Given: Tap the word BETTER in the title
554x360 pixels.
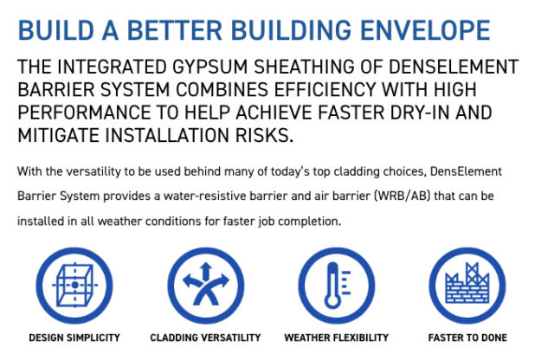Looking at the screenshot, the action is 174,30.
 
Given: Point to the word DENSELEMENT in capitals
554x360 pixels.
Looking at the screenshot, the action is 454,67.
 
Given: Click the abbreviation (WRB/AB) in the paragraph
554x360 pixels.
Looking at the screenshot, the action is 402,196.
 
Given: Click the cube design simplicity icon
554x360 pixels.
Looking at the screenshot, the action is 74,285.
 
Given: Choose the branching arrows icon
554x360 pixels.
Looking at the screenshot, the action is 206,285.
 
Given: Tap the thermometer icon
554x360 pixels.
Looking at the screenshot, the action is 337,285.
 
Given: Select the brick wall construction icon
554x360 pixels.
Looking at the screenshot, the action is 467,285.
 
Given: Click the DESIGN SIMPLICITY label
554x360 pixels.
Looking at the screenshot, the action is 74,337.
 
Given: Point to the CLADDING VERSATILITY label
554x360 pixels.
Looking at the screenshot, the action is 206,337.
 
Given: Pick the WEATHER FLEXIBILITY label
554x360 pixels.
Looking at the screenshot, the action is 337,337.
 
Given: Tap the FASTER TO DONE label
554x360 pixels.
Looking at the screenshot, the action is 467,337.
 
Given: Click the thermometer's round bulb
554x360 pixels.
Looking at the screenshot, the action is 332,302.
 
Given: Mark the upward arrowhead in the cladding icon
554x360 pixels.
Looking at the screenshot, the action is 206,267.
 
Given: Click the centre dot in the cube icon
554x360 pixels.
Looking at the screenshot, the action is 74,285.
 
